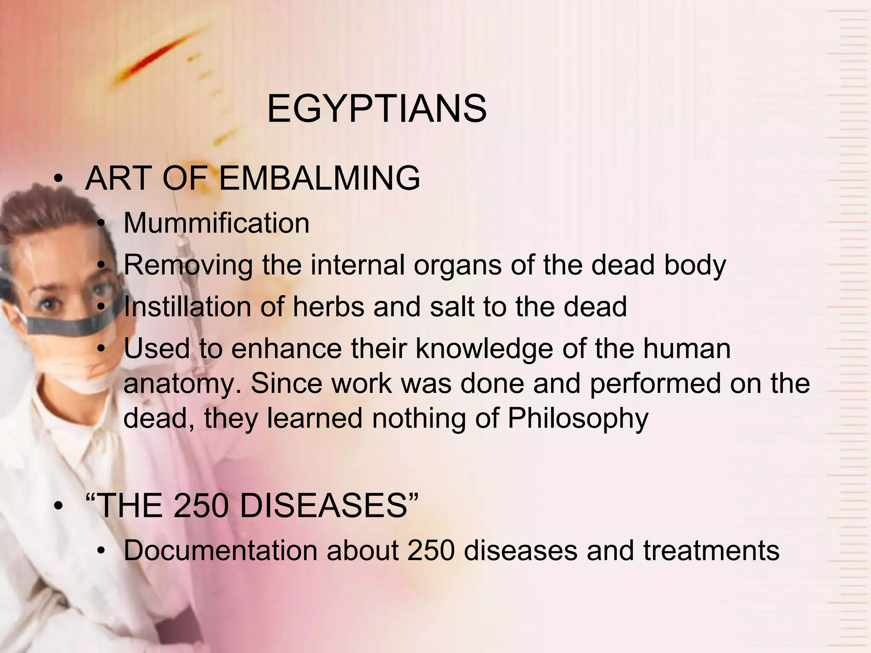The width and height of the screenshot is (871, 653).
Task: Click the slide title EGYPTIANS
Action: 377,109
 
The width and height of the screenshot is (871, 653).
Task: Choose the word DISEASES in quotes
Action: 324,506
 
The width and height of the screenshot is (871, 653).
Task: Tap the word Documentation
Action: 220,551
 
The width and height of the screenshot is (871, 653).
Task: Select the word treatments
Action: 711,551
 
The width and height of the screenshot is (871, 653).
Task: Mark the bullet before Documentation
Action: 100,552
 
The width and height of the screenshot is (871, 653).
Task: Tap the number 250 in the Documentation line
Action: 431,551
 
